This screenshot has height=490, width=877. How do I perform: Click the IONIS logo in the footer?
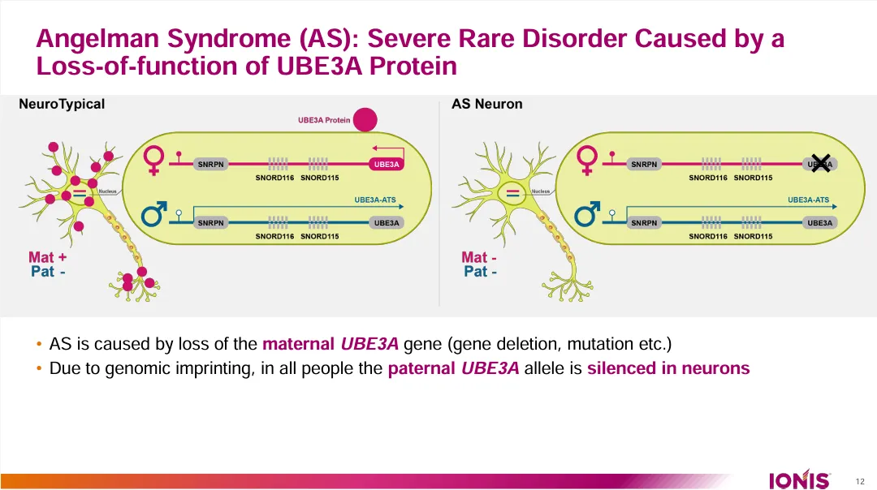click(x=799, y=479)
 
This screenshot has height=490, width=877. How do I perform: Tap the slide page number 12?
click(x=860, y=481)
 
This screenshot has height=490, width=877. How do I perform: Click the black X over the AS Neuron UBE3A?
click(x=820, y=163)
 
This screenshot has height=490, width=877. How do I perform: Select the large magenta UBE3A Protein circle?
click(x=365, y=120)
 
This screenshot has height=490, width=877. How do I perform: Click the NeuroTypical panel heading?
click(x=62, y=104)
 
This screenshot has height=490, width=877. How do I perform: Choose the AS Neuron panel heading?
click(x=487, y=104)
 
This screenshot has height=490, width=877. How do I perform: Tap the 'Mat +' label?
click(x=48, y=257)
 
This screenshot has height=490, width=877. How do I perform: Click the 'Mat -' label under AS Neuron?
click(x=479, y=257)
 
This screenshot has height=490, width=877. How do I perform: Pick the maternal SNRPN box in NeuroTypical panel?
click(x=211, y=165)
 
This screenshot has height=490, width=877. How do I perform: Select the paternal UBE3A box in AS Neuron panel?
click(x=820, y=223)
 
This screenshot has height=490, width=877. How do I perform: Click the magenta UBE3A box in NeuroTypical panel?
click(x=387, y=165)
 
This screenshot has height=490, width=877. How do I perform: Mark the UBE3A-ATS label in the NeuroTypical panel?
click(x=375, y=200)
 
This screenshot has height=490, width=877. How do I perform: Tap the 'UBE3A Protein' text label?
click(x=324, y=120)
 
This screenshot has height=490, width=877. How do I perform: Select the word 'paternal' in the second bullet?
click(x=421, y=368)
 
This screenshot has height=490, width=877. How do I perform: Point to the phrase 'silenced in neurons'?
click(x=668, y=368)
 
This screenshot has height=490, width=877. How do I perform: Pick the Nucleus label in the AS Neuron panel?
click(x=541, y=191)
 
